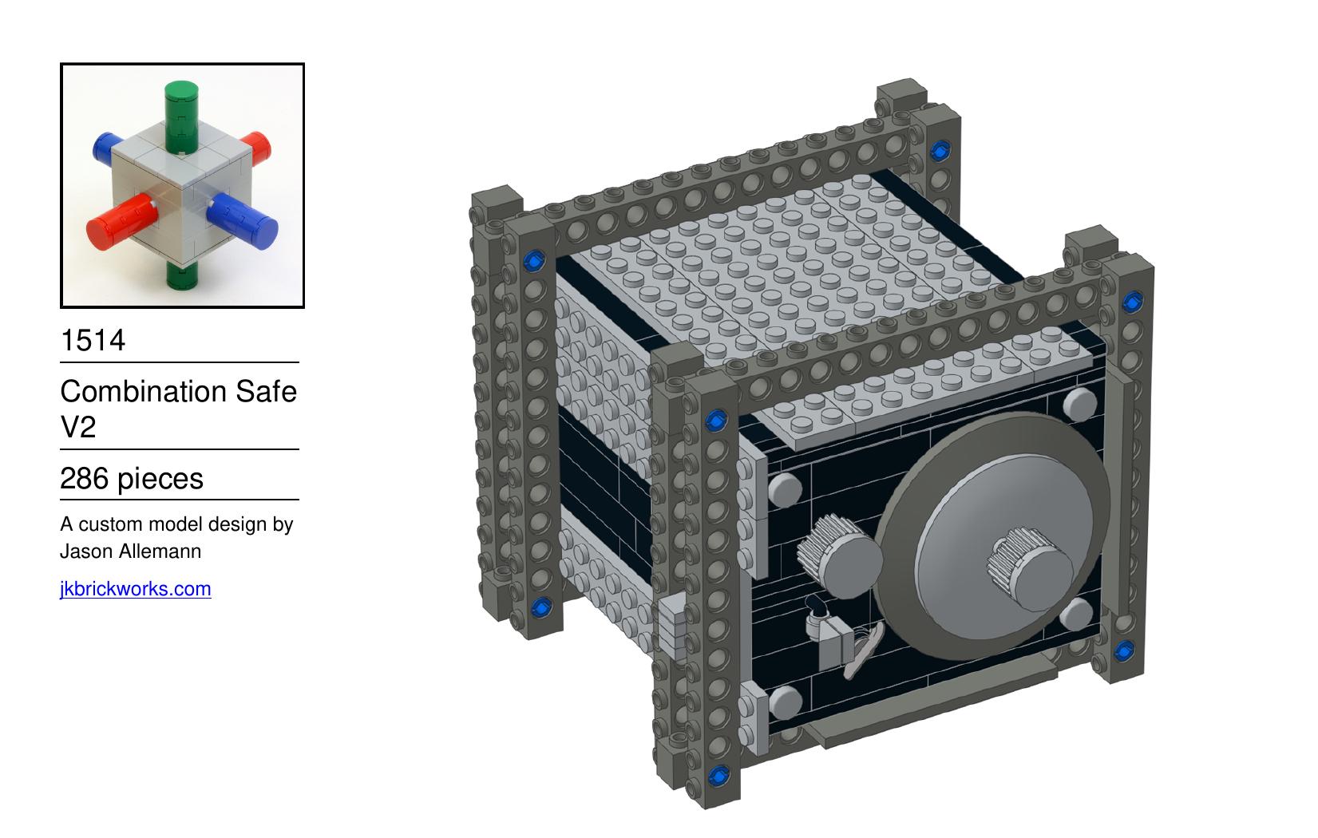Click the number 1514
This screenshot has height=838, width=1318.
coord(93,340)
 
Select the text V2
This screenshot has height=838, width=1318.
coord(77,426)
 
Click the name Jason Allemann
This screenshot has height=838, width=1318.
coord(131,551)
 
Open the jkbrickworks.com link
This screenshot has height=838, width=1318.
coord(136,589)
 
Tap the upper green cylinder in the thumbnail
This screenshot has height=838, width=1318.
coord(181,117)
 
